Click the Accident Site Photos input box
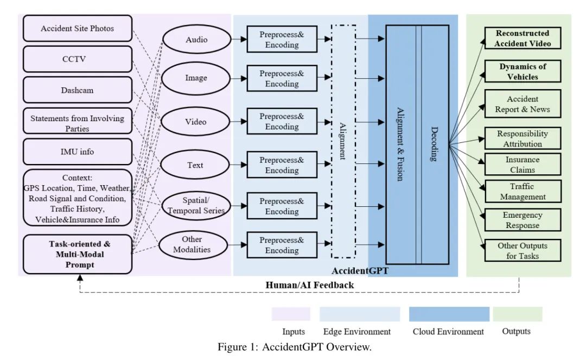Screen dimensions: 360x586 point(78,28)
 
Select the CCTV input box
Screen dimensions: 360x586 point(78,59)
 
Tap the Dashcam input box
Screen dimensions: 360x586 point(78,90)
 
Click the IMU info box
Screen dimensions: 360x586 point(78,151)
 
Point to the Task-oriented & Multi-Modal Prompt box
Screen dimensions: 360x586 point(78,254)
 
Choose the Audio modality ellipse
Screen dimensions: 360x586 point(196,40)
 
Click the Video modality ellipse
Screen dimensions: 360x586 point(196,122)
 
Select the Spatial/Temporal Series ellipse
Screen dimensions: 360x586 point(196,206)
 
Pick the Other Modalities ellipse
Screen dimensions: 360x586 point(192,244)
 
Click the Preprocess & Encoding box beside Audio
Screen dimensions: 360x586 point(282,40)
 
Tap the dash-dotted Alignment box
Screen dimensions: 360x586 point(343,141)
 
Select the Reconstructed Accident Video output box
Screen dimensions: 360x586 point(522,39)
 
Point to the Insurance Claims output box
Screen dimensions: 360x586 point(522,165)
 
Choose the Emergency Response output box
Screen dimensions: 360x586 point(522,220)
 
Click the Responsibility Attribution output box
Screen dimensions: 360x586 point(522,139)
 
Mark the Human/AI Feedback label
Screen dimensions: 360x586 point(310,285)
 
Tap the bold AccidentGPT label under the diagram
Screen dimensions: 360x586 point(360,270)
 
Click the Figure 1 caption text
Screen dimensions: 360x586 point(295,348)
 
